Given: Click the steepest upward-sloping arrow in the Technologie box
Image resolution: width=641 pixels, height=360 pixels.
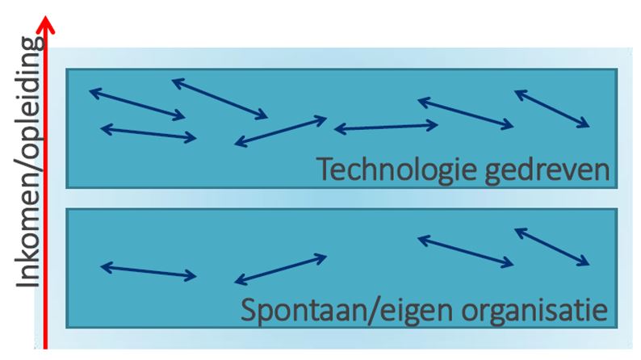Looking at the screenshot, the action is [x=280, y=132].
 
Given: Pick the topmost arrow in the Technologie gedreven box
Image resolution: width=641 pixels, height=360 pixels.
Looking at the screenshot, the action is [x=220, y=98].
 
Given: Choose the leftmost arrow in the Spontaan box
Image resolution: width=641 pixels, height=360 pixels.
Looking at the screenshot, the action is [x=148, y=271].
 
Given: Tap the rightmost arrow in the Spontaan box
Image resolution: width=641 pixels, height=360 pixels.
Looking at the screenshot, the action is [x=552, y=246].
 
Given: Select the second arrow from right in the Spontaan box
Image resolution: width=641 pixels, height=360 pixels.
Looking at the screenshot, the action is [x=465, y=250].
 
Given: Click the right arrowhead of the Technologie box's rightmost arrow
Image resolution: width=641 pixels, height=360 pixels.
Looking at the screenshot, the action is [x=587, y=125].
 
